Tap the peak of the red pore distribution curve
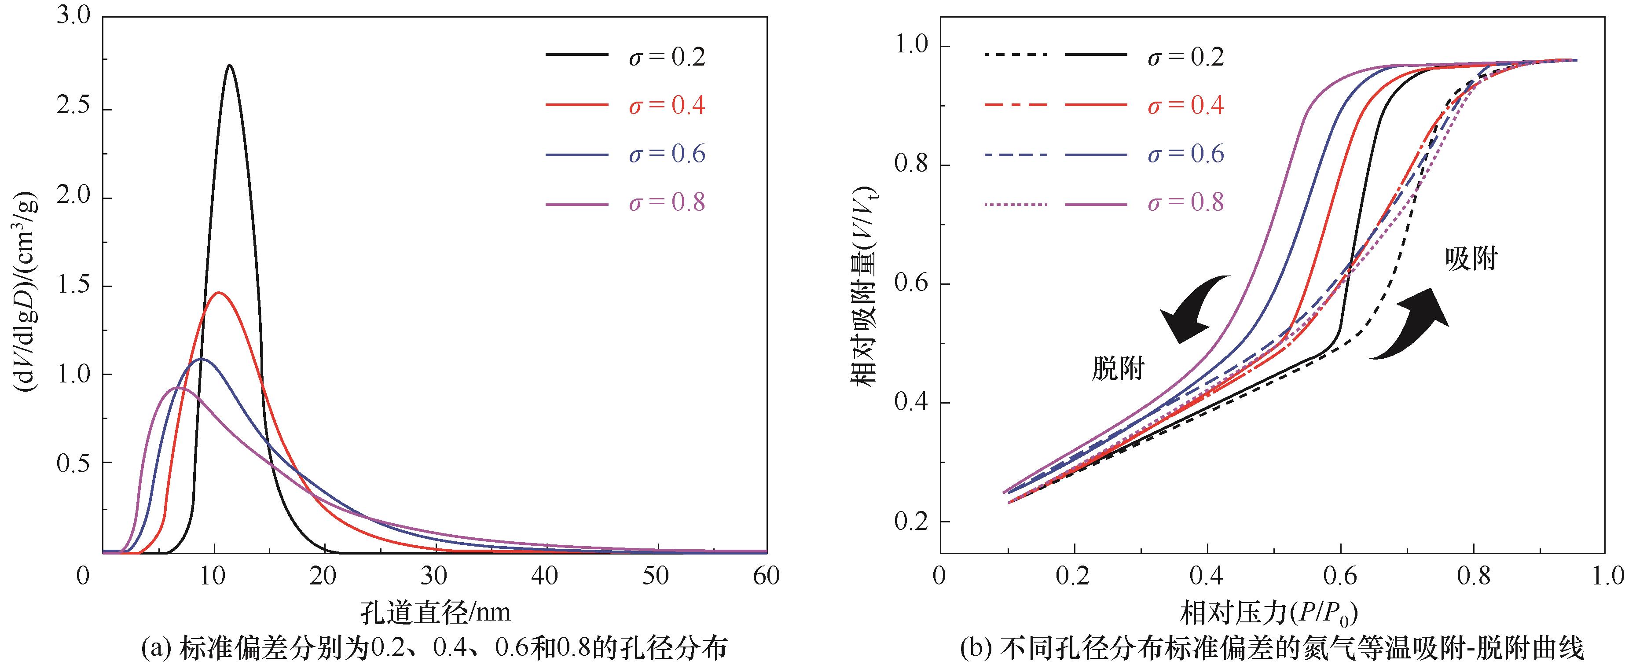[x=219, y=293]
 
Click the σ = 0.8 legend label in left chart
[x=666, y=202]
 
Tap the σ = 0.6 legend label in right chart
[x=1185, y=154]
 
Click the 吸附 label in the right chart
[x=1471, y=259]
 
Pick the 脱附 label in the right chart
[x=1118, y=370]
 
